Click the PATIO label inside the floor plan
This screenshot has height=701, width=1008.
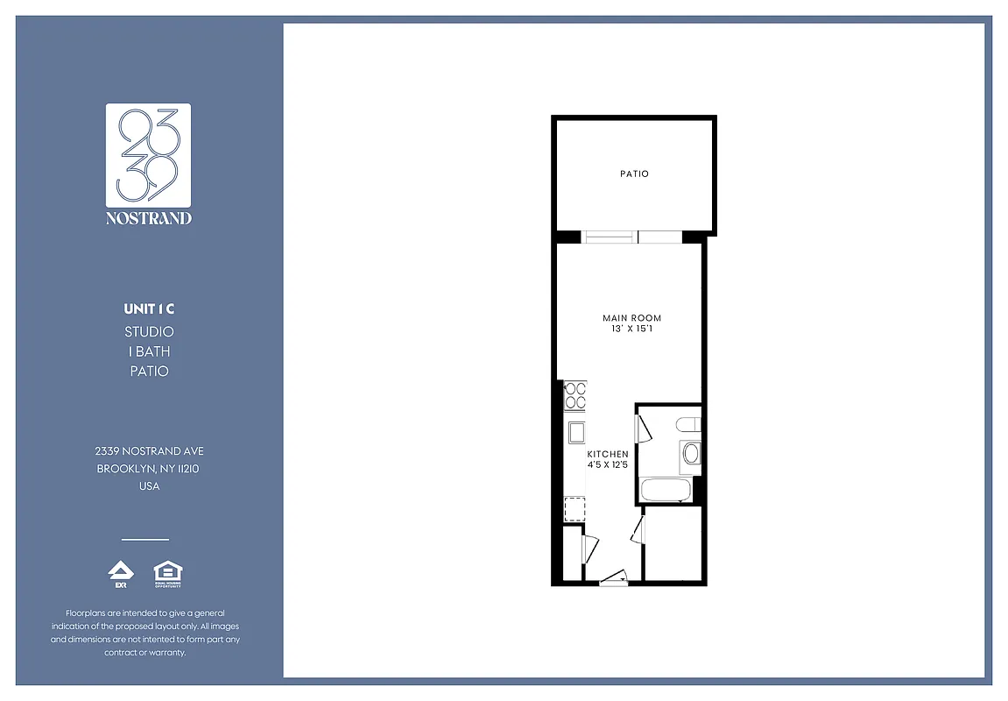point(634,174)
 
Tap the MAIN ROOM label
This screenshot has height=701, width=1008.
point(631,318)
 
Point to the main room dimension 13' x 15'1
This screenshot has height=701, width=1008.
point(631,329)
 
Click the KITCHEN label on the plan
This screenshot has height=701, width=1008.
point(608,454)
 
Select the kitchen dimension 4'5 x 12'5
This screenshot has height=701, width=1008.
point(608,464)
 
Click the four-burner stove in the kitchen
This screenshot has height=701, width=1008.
point(575,395)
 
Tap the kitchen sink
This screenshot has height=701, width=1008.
point(577,433)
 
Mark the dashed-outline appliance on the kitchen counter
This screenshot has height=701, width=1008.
point(574,508)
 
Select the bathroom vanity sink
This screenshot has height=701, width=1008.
point(691,454)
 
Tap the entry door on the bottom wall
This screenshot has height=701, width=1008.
point(614,577)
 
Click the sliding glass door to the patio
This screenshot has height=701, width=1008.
point(633,237)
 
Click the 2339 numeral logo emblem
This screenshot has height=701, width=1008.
point(148,154)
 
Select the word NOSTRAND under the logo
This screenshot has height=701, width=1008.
point(148,218)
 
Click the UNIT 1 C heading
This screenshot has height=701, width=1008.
point(149,309)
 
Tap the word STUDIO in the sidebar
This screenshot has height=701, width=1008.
point(149,332)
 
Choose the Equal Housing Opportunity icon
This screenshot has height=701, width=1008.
point(167,574)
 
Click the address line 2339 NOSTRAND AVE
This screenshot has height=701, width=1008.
point(149,450)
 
